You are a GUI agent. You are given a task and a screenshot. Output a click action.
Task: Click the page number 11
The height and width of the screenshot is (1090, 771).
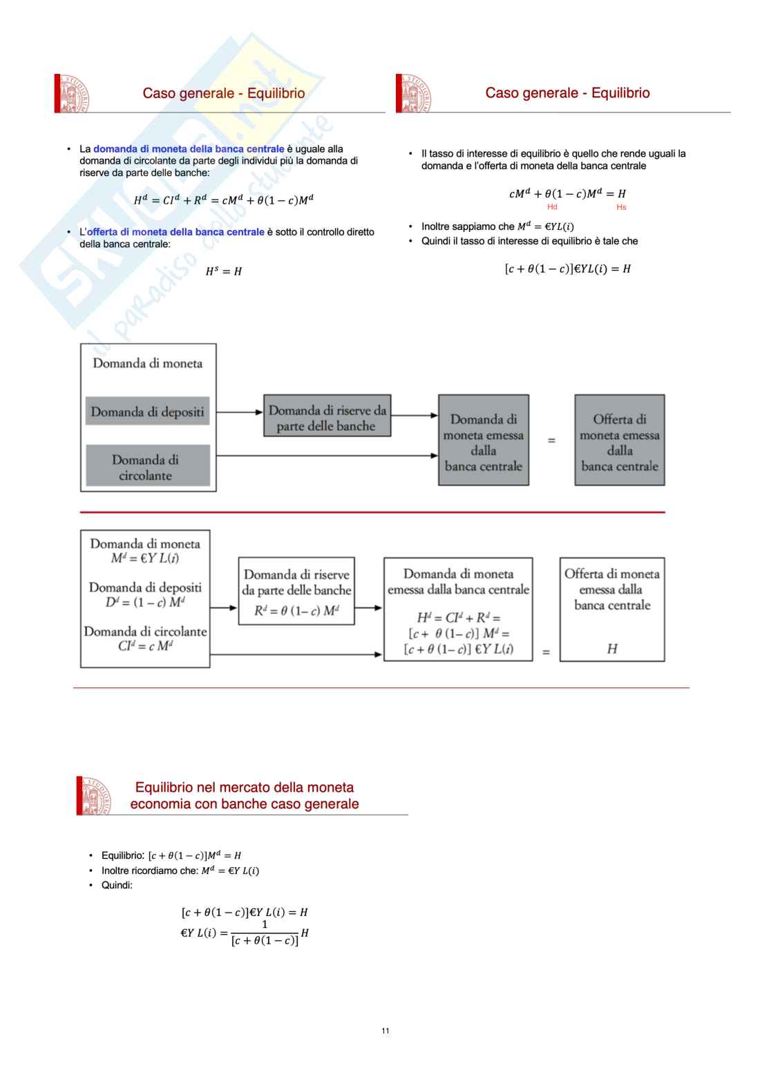click(x=385, y=1031)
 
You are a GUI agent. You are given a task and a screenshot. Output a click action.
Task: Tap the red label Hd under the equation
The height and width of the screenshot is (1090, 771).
click(x=552, y=207)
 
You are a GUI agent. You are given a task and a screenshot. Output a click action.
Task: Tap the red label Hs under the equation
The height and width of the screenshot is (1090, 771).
click(x=621, y=207)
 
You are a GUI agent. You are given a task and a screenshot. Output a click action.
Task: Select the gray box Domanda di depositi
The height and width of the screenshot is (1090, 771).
click(x=147, y=411)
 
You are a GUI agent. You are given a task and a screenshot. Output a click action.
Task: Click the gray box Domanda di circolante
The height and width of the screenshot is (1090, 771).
click(x=147, y=467)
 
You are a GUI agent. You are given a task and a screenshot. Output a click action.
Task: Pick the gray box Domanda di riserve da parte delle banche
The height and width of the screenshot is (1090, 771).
click(x=327, y=417)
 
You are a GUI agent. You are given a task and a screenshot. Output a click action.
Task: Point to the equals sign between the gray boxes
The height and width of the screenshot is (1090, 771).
click(x=551, y=440)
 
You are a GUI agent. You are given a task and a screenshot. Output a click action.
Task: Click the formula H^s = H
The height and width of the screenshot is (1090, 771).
click(x=224, y=271)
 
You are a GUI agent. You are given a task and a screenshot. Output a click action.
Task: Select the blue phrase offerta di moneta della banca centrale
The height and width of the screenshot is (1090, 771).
click(x=175, y=232)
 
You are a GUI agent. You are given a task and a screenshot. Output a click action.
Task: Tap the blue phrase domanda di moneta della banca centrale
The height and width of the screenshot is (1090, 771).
click(x=189, y=149)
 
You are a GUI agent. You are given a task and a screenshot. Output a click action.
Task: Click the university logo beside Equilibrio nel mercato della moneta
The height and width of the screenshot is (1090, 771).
click(x=95, y=795)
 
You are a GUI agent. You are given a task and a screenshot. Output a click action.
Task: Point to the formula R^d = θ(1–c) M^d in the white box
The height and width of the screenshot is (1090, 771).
click(x=296, y=610)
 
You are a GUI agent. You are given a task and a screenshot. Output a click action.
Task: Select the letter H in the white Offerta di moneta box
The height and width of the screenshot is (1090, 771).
click(x=612, y=648)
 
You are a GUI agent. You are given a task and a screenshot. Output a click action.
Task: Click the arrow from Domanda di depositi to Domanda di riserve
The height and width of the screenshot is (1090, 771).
click(x=240, y=413)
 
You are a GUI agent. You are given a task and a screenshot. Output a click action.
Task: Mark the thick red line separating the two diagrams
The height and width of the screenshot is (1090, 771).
click(x=372, y=512)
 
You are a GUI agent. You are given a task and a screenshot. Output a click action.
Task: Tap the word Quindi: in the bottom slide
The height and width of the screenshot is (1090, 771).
click(x=117, y=885)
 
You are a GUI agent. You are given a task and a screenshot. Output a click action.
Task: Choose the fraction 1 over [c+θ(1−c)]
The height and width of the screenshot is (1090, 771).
click(x=265, y=933)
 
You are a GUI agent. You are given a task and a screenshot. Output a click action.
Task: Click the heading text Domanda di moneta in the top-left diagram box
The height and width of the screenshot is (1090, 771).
click(x=148, y=363)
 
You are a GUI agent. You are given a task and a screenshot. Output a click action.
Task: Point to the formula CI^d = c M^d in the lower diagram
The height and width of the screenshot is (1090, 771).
click(x=145, y=646)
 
